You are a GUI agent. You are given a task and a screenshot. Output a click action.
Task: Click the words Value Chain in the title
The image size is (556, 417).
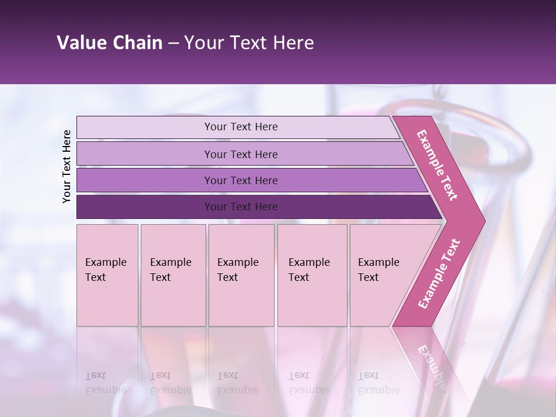point(109,43)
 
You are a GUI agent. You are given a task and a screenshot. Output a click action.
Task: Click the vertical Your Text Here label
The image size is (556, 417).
point(67,166)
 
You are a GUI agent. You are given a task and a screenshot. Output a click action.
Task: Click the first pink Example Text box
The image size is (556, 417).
point(107,275)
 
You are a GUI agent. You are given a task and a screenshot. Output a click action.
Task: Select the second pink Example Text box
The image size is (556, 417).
point(173,275)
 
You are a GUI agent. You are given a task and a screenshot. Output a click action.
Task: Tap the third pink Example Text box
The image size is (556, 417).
point(241,275)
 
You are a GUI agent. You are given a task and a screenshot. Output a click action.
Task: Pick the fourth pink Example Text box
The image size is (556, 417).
point(312,275)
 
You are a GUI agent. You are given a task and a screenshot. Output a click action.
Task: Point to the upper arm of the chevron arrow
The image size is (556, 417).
point(438,166)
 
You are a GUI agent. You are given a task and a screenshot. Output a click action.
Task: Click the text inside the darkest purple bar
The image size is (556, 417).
point(241,207)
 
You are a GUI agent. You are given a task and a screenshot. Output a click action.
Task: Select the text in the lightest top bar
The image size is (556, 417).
point(241,127)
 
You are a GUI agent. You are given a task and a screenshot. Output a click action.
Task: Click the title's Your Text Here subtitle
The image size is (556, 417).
point(249,43)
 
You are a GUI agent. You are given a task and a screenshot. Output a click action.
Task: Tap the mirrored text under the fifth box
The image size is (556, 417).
point(378,383)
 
